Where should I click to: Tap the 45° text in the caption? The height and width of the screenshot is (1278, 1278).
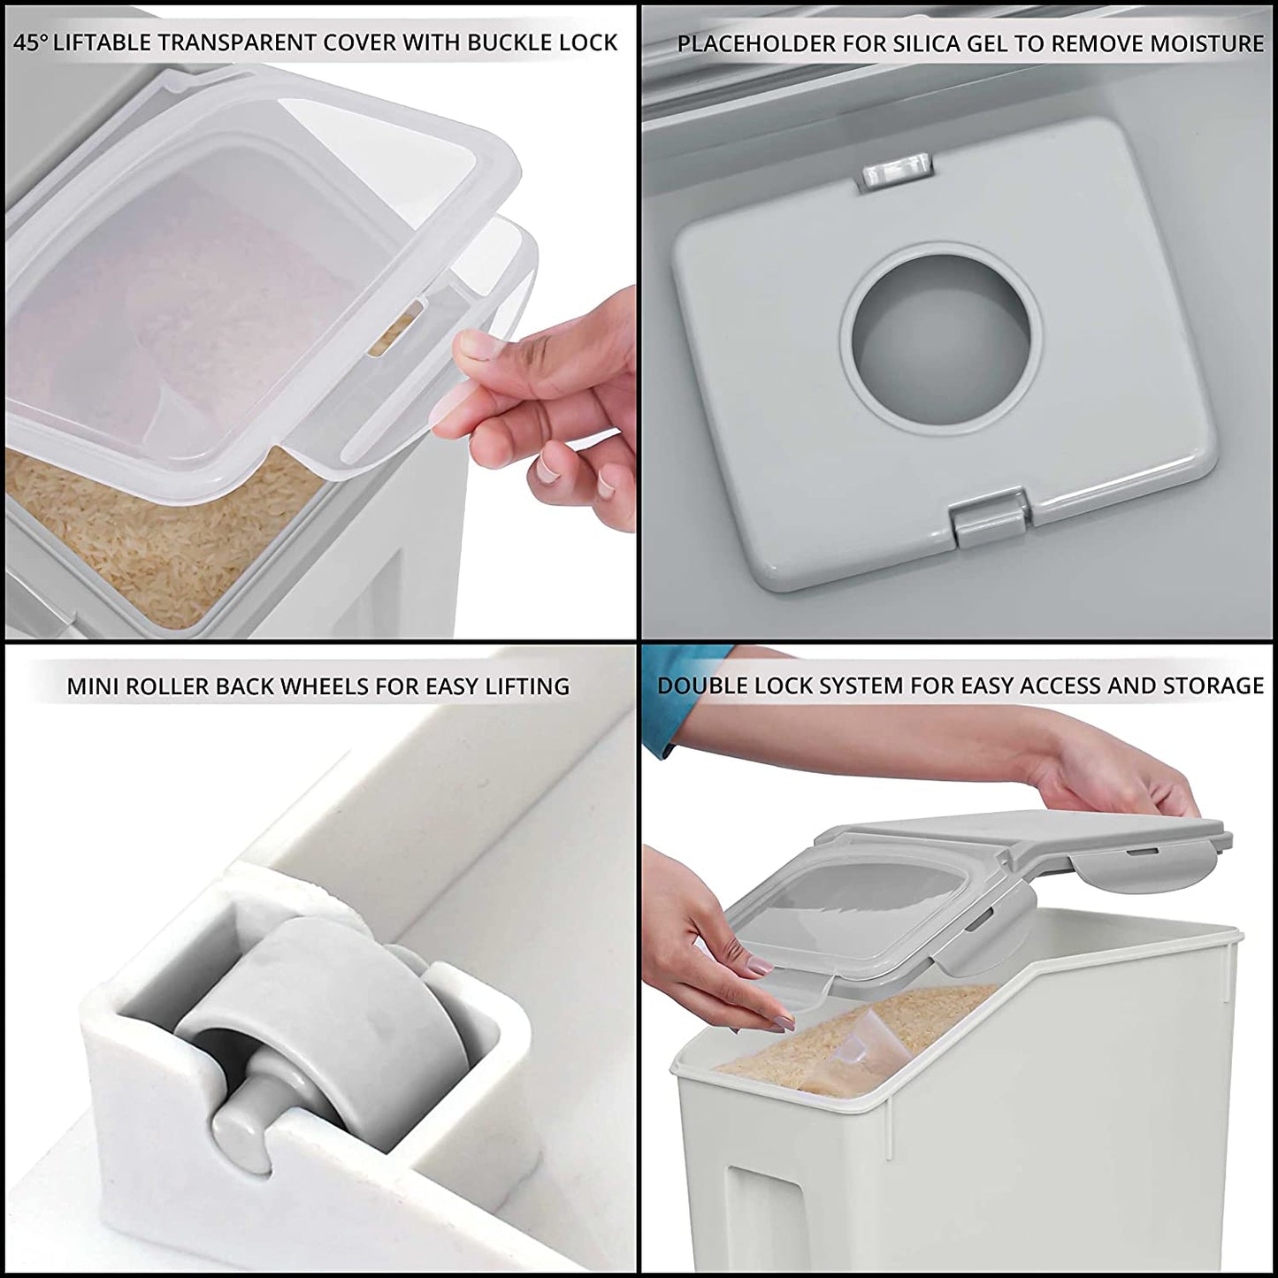30,42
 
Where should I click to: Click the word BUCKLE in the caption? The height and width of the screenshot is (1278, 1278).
505,42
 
